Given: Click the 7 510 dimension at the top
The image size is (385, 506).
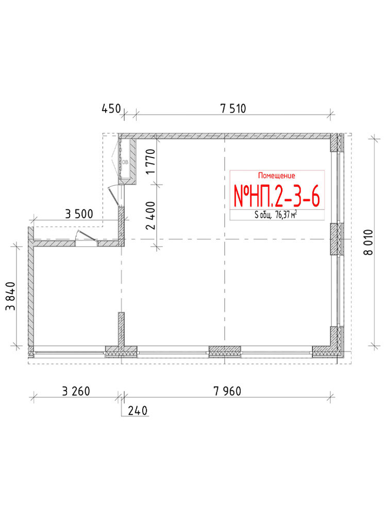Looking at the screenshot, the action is click(233, 109).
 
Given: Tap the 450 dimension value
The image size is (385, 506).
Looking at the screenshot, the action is click(111, 109).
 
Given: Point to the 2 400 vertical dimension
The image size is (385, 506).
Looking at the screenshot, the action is click(151, 215).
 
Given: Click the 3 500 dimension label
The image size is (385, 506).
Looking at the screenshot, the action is click(79, 214).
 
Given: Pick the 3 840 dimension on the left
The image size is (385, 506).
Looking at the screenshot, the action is click(10, 296).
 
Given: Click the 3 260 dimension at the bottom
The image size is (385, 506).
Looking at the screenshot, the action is click(76, 391).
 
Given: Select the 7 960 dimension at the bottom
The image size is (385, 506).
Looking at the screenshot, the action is click(227, 391).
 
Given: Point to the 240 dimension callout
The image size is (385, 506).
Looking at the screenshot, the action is click(138, 411).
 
